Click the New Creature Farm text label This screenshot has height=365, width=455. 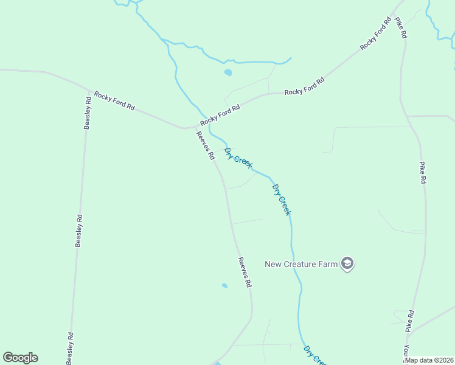tap(301, 264)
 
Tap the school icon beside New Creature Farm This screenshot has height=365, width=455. tap(347, 264)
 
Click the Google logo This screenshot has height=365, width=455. tap(20, 358)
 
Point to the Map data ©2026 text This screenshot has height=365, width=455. tap(429, 360)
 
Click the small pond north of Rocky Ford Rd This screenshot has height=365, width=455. tap(228, 72)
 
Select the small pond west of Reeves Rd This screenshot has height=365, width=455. tap(224, 285)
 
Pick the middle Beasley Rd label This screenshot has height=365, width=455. tap(78, 230)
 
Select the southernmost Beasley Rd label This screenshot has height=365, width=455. tap(70, 349)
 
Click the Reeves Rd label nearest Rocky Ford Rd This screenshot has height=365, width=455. tap(206, 146)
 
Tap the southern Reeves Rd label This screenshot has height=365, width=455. tap(245, 272)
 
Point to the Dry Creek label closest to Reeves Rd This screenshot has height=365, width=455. tap(238, 158)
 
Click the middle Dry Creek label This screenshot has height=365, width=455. tap(282, 200)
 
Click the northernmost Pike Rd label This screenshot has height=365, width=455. tap(401, 28)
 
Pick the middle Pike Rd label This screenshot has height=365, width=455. tap(422, 173)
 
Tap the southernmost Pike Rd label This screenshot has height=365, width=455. tap(411, 321)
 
